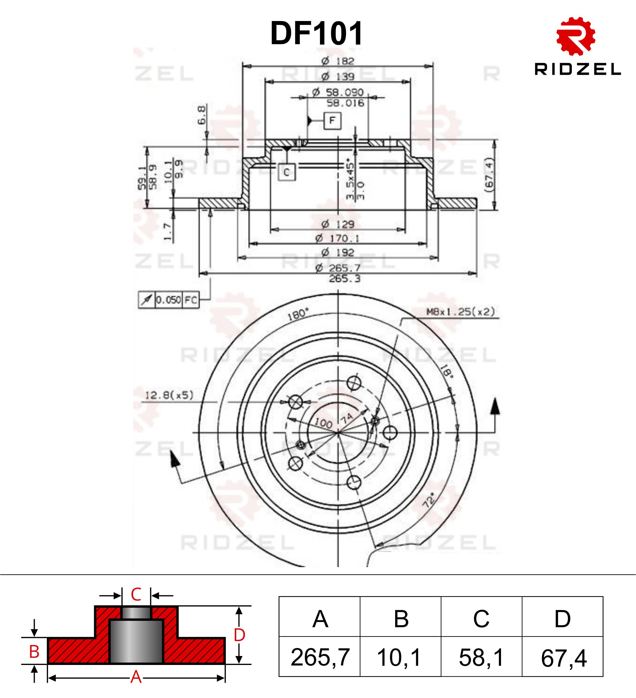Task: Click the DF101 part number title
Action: [317, 34]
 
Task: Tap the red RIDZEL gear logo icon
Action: [576, 36]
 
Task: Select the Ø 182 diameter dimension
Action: [338, 61]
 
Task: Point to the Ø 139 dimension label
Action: [338, 77]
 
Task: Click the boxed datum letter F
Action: [332, 121]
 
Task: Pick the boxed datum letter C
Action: [287, 172]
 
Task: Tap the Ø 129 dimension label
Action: [338, 224]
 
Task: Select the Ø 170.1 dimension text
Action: [337, 239]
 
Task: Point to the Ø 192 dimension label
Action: [338, 252]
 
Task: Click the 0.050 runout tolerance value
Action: [168, 300]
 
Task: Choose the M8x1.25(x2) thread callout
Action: [460, 312]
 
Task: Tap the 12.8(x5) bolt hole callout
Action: [169, 395]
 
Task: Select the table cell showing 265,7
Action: [320, 658]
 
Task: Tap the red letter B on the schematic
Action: [34, 652]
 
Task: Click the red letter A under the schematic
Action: [136, 677]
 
